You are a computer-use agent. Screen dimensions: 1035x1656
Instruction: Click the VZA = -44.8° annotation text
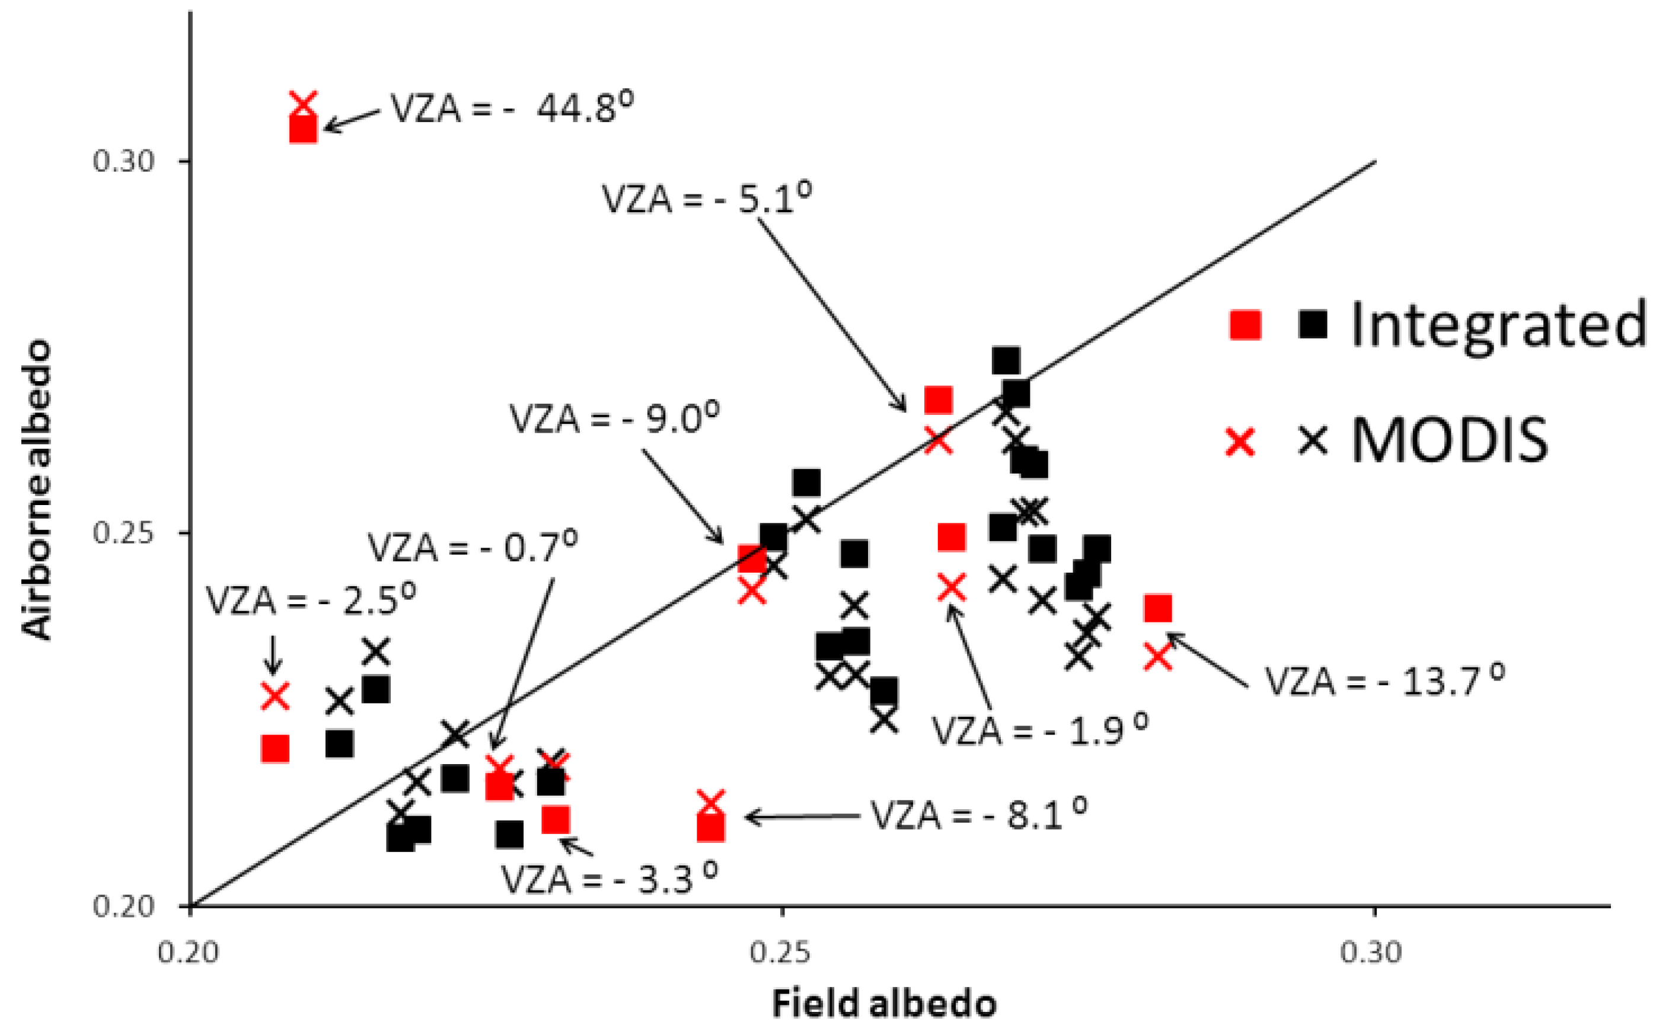click(x=512, y=107)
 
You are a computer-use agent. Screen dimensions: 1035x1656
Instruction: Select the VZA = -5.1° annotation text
click(x=707, y=199)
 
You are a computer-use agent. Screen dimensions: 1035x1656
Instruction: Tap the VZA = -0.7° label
click(x=473, y=547)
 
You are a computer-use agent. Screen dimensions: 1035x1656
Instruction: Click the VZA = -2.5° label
click(x=311, y=601)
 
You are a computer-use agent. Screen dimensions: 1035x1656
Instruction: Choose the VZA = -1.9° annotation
click(x=1039, y=730)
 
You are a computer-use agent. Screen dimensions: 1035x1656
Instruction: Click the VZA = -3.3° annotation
click(x=610, y=879)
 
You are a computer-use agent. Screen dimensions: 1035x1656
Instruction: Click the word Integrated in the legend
click(x=1498, y=325)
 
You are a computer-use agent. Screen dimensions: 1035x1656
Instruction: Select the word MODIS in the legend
click(x=1450, y=441)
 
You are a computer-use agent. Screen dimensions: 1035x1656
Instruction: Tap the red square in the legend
click(x=1245, y=324)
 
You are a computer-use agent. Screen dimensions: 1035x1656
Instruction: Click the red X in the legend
click(x=1240, y=442)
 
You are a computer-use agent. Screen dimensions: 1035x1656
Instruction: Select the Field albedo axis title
click(x=884, y=1004)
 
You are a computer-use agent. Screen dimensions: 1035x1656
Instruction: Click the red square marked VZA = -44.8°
click(x=303, y=129)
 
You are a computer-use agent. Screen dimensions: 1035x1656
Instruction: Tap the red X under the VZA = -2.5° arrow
click(x=275, y=696)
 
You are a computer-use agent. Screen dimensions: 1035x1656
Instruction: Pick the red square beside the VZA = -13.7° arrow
click(x=1157, y=607)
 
